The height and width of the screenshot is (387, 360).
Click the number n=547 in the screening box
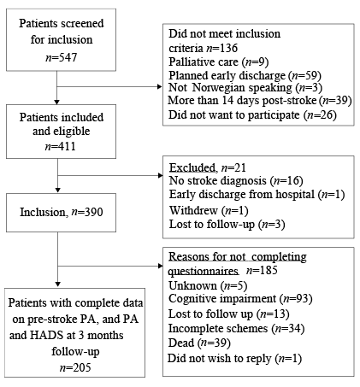click(61, 57)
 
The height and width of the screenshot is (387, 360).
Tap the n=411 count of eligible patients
click(61, 146)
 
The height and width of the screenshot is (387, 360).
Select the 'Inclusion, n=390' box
click(61, 213)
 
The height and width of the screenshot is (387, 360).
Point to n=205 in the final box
click(75, 367)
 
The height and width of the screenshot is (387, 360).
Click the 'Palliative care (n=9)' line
click(218, 62)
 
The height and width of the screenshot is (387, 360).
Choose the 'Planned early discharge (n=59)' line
click(245, 75)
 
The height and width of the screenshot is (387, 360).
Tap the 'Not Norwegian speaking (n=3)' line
click(245, 88)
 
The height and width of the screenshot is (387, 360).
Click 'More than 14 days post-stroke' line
click(260, 101)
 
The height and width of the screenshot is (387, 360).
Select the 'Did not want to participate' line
click(252, 115)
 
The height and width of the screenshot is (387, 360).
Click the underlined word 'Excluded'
click(192, 167)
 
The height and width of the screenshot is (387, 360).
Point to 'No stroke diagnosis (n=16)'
click(236, 180)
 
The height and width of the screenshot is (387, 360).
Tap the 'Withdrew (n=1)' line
click(209, 210)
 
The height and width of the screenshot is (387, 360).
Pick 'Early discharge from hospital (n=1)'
click(257, 195)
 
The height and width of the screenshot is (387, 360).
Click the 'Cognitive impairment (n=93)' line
click(240, 299)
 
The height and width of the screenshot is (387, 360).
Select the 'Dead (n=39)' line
click(199, 343)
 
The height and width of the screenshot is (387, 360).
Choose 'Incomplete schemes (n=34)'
click(237, 329)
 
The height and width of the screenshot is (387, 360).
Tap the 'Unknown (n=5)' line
click(208, 285)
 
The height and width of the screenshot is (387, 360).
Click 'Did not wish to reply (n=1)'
click(234, 358)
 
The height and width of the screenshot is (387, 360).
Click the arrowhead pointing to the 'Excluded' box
click(161, 175)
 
